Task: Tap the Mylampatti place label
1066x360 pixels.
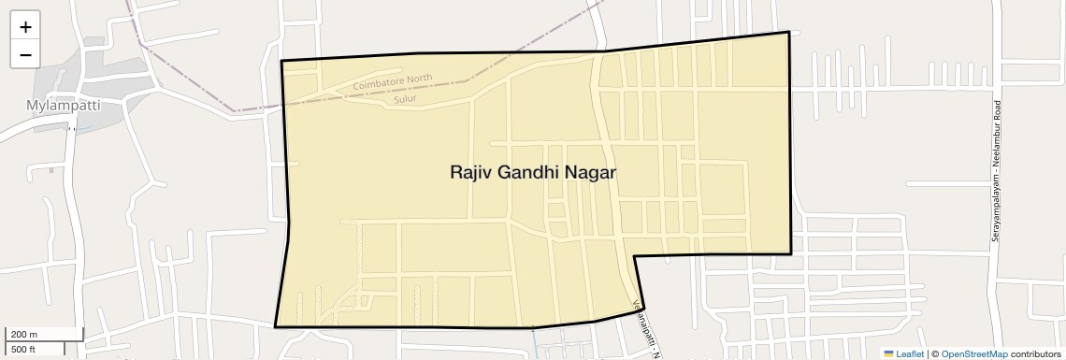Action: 63,106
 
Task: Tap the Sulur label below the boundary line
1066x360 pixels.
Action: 405,98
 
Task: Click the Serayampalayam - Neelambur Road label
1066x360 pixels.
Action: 997,170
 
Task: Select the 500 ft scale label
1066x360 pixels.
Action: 23,349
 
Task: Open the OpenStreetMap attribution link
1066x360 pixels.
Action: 973,354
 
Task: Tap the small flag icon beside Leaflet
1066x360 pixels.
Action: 888,354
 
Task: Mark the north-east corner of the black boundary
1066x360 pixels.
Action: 789,32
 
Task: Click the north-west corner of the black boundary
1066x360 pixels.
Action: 281,61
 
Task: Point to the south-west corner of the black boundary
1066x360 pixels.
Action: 275,326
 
